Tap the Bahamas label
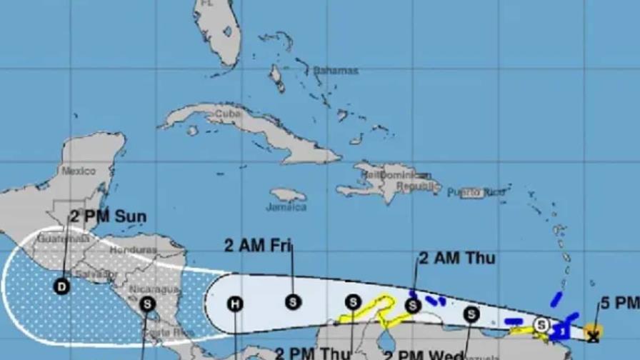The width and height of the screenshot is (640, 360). tap(335, 71)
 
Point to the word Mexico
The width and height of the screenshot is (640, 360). tap(78, 171)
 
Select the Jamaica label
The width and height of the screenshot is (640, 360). tap(286, 207)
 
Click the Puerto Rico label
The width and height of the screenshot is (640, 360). tap(476, 192)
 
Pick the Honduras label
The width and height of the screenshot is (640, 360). tap(133, 250)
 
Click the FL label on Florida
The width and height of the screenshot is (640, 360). tap(207, 4)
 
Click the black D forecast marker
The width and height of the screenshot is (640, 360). tap(63, 286)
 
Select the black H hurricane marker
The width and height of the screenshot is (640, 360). tap(235, 304)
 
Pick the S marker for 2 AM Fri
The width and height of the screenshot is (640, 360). tap(292, 302)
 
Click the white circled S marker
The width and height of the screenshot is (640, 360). tap(541, 324)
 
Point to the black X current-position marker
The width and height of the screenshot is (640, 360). tap(592, 333)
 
